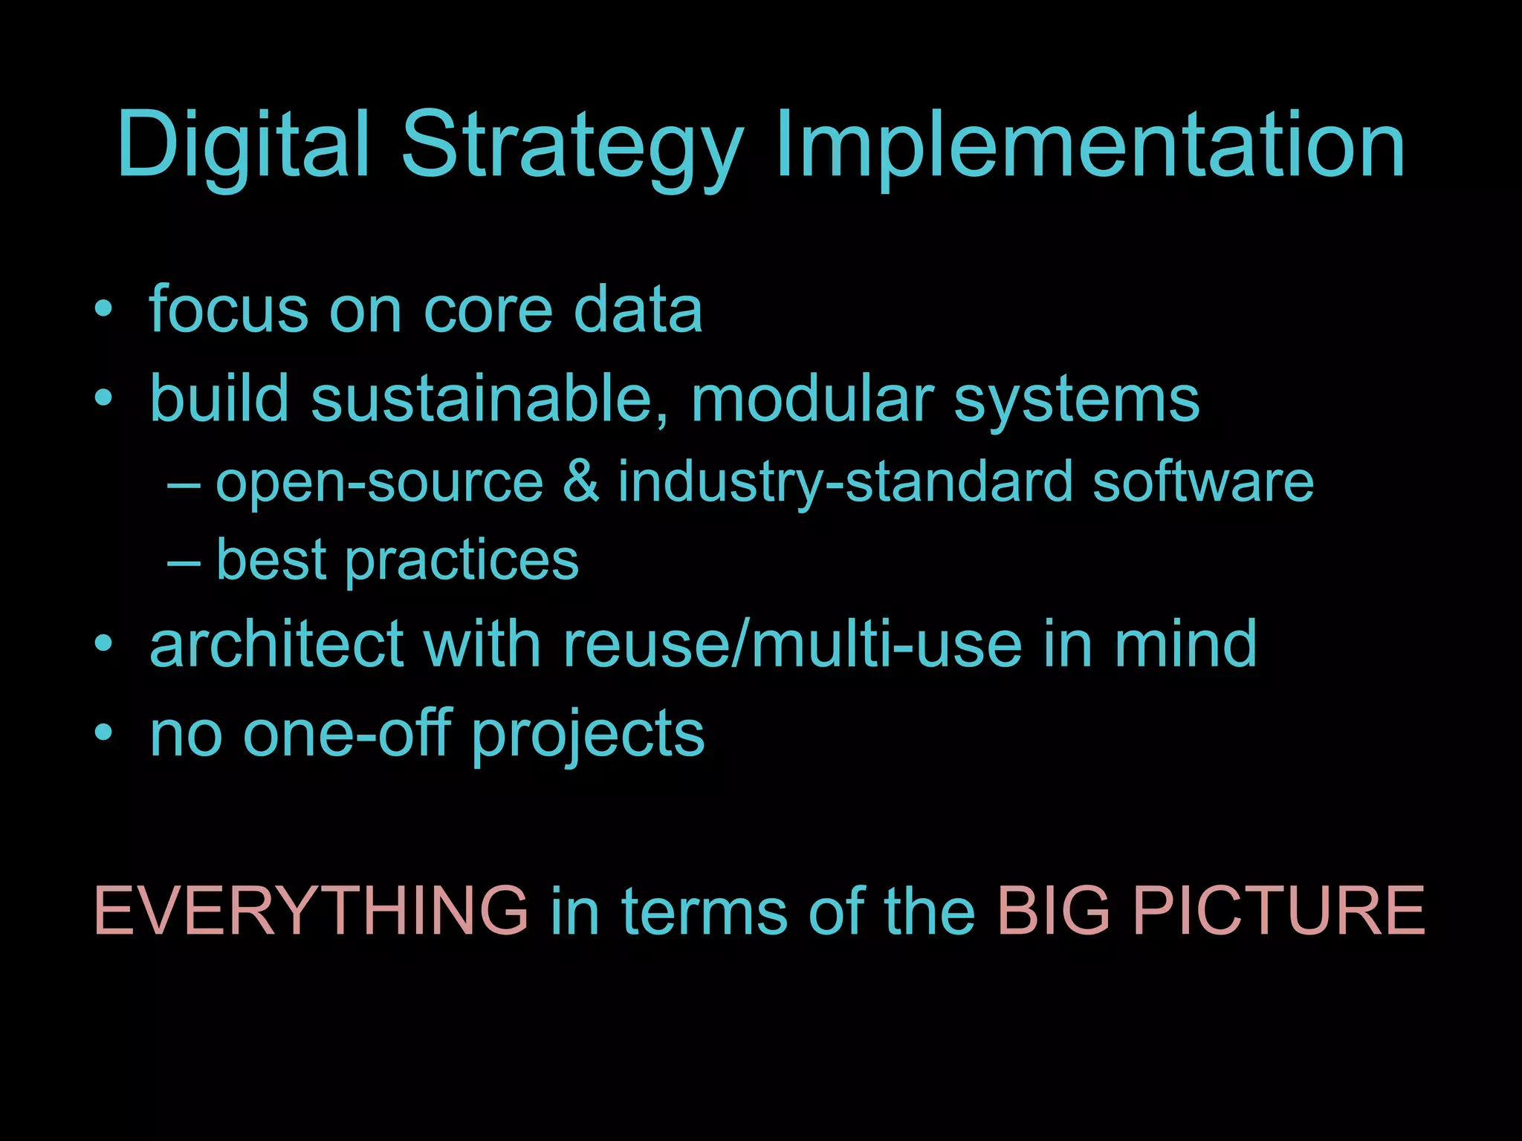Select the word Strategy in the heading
572,147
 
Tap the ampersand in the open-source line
580,481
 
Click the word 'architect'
276,643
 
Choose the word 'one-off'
347,734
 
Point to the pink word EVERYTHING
311,911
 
